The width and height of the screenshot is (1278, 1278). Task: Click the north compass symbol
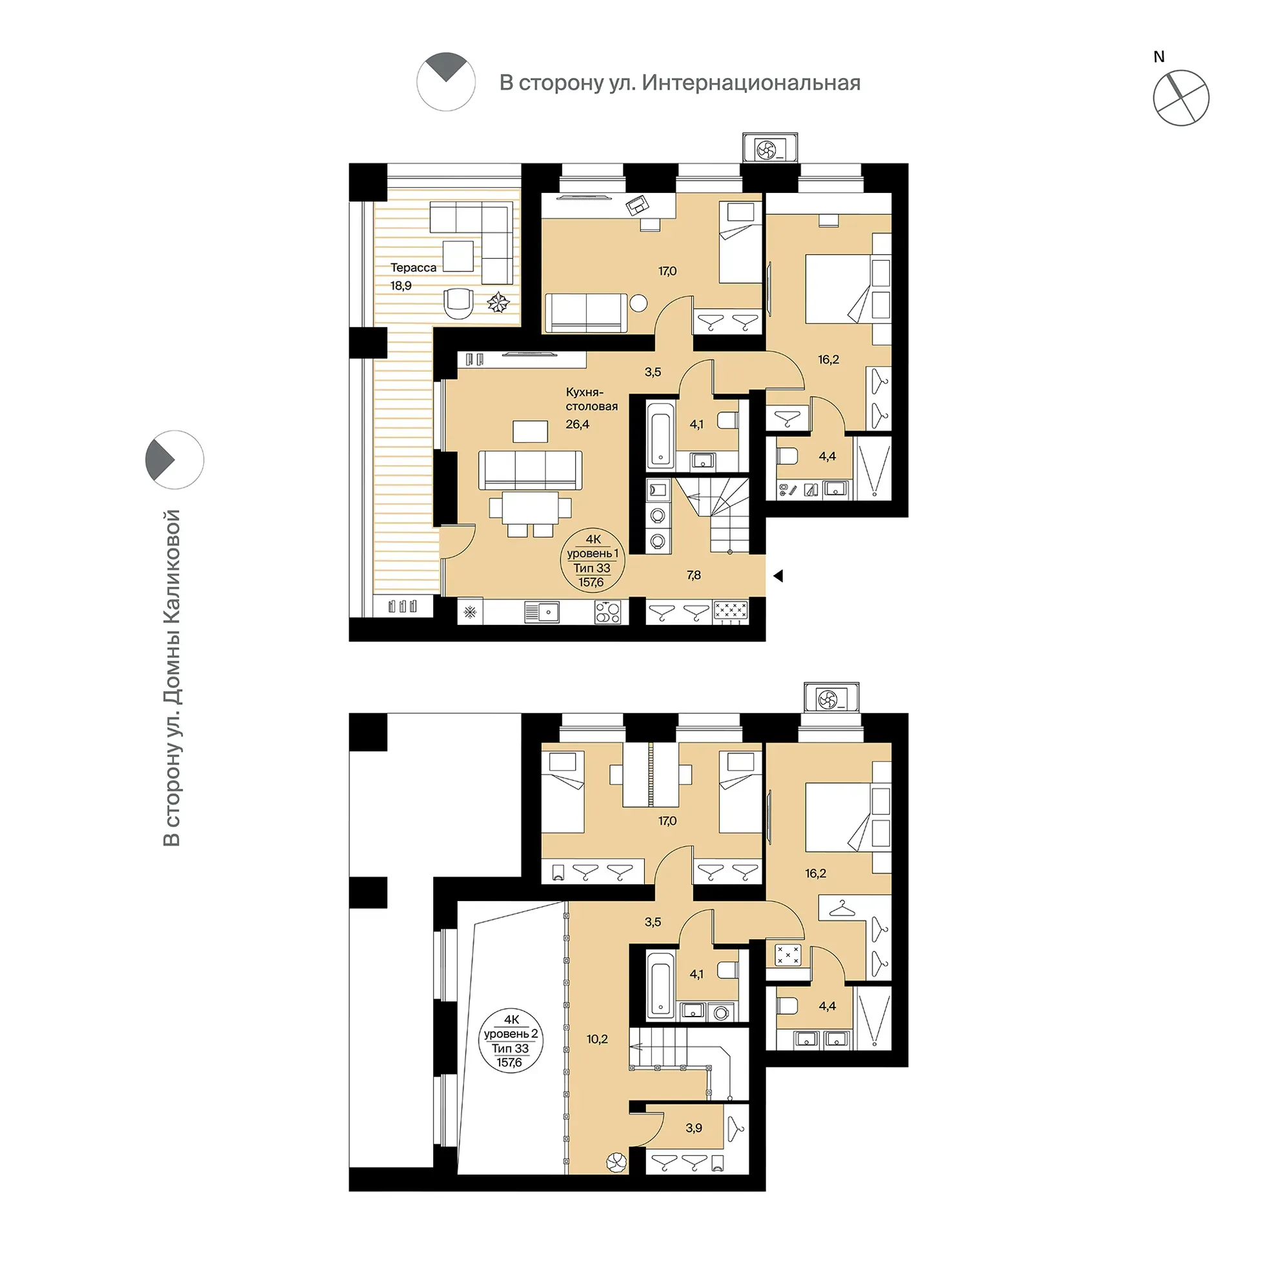1181,97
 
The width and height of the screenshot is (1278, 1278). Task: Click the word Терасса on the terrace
414,268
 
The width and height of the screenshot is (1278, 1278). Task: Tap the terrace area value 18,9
401,286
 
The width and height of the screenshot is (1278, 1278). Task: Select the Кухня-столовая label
591,399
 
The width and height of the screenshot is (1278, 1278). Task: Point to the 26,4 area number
578,424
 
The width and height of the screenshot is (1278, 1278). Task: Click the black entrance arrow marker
778,576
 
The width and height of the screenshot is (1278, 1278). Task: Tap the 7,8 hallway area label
693,576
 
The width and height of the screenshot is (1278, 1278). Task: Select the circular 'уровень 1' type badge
593,561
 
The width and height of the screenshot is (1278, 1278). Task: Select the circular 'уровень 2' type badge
511,1041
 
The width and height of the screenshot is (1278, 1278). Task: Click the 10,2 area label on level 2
596,1039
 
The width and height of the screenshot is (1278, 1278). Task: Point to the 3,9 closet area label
693,1128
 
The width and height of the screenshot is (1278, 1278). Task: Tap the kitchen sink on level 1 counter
542,612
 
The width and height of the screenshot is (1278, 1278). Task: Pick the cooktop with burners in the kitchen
607,612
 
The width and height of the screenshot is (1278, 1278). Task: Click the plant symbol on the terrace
499,303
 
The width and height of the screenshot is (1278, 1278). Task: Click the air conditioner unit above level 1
769,148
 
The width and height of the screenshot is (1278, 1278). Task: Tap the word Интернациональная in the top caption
751,83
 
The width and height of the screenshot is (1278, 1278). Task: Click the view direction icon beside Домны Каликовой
175,460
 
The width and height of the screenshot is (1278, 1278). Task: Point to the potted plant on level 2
616,1162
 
